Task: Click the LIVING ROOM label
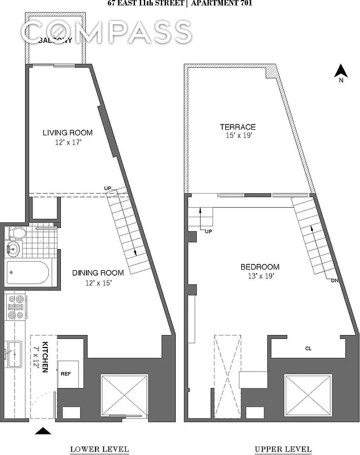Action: (x=68, y=133)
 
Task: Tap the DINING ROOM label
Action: (x=96, y=272)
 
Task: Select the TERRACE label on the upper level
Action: (x=238, y=127)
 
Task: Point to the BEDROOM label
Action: (x=259, y=267)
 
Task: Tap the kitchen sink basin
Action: (x=13, y=353)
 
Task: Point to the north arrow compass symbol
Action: (x=340, y=72)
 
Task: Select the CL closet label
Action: (x=308, y=349)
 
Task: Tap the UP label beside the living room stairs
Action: (x=107, y=188)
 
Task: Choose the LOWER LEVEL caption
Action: (x=99, y=449)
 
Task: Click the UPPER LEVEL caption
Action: (x=283, y=449)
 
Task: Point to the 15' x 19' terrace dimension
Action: (x=238, y=136)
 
